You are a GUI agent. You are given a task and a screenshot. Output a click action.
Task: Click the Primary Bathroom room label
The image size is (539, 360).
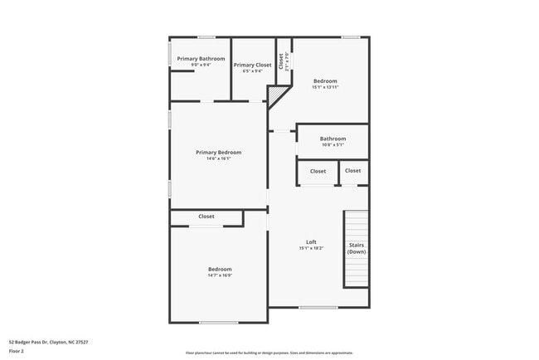click(x=201, y=59)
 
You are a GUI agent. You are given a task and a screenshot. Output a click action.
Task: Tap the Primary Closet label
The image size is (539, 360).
click(x=252, y=65)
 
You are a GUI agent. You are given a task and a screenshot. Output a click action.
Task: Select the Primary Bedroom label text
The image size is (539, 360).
click(x=218, y=153)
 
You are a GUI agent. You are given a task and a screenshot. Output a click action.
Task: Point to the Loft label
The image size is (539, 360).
click(x=311, y=242)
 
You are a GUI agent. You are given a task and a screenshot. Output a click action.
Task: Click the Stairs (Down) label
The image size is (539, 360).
click(x=357, y=248)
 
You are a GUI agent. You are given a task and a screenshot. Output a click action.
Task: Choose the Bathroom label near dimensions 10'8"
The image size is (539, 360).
click(x=333, y=139)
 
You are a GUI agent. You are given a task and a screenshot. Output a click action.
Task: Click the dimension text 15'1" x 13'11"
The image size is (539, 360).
click(x=325, y=87)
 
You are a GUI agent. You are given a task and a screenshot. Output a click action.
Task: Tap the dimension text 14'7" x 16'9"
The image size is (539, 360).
click(x=220, y=275)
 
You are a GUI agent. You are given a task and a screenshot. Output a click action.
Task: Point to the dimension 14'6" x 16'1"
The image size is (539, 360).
click(x=218, y=158)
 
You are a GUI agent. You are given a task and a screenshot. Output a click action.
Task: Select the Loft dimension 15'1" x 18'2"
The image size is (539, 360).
click(x=311, y=248)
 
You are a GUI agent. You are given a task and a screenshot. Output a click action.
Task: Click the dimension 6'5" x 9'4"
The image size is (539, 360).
click(x=252, y=71)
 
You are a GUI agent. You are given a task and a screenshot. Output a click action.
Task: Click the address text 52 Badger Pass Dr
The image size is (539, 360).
click(x=48, y=342)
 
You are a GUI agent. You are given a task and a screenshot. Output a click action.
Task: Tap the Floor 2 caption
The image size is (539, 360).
click(x=17, y=351)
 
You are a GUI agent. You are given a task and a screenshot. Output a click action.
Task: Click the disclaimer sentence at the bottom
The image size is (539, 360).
click(x=269, y=352)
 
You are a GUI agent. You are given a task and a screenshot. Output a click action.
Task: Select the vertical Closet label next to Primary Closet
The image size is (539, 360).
click(x=282, y=61)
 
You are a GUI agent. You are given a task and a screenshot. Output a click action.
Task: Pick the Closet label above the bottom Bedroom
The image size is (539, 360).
click(x=206, y=216)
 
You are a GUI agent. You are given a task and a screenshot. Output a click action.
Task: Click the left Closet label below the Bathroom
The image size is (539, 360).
click(x=318, y=172)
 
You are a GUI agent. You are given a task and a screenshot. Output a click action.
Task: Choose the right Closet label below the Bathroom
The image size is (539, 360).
click(x=352, y=171)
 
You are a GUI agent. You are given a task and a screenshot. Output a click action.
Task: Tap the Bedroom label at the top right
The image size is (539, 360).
click(x=325, y=80)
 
